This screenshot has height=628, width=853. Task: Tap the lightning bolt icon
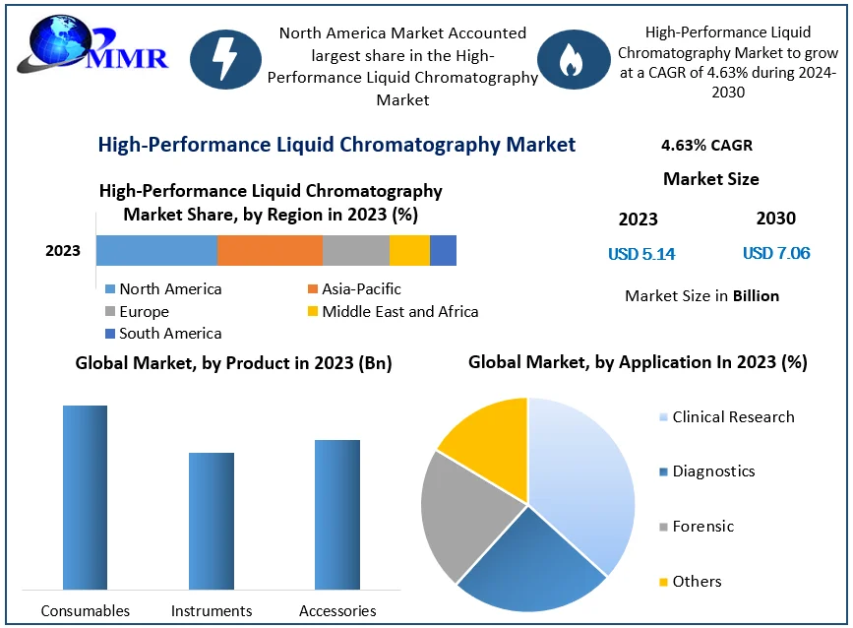[x=224, y=60]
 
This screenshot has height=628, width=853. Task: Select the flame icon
[x=570, y=60]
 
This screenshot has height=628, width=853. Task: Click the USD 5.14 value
[x=641, y=254]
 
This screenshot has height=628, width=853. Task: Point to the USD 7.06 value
[x=776, y=254]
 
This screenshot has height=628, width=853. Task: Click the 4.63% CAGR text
[x=706, y=146]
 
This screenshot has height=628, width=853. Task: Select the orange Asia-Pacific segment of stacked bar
[x=270, y=251]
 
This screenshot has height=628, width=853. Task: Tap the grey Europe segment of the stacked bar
[x=355, y=251]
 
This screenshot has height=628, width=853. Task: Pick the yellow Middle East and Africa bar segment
[x=409, y=251]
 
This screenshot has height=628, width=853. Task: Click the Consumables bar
[x=85, y=497]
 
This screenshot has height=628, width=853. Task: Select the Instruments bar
[x=212, y=521]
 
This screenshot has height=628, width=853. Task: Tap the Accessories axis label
[x=337, y=611]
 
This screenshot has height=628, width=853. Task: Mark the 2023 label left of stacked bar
[x=63, y=251]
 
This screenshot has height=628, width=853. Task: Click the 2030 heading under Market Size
[x=775, y=219]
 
